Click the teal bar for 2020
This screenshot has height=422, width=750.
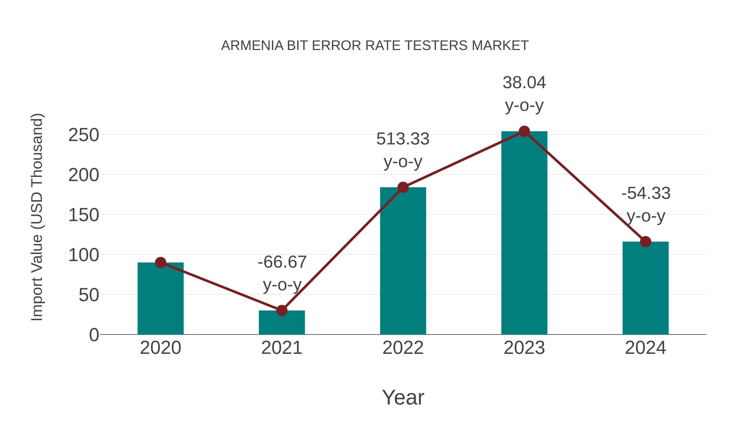[x=160, y=298]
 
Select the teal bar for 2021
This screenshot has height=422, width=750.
[x=281, y=323]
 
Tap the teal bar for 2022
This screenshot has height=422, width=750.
[x=403, y=261]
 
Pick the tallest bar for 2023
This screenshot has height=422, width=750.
[x=524, y=233]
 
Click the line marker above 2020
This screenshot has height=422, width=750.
[x=160, y=262]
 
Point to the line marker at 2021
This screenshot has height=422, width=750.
[x=281, y=311]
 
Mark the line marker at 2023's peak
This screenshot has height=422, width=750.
[x=524, y=131]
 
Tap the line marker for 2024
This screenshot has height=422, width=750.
[x=645, y=242]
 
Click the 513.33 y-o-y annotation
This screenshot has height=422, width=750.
[x=403, y=150]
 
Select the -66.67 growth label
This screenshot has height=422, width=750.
[x=282, y=273]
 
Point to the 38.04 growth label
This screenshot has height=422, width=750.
[x=524, y=94]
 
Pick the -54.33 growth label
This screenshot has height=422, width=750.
[x=646, y=204]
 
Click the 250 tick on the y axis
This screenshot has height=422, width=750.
[x=84, y=135]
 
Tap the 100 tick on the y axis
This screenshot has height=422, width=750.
[x=84, y=255]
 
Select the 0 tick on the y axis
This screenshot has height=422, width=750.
[x=94, y=335]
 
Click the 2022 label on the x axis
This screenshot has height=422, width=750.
[x=403, y=348]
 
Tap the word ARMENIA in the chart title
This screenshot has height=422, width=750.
[x=252, y=46]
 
